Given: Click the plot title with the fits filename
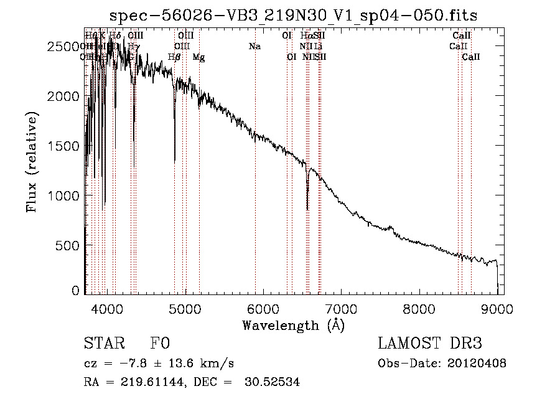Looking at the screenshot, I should (294, 16).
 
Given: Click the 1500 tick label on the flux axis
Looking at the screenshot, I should (65, 146).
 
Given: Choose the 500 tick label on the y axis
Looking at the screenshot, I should (69, 245).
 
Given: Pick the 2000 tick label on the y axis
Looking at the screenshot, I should (65, 96).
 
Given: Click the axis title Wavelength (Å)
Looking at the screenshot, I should (293, 325).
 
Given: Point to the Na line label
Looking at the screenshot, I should (254, 46).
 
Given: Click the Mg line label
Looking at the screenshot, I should (198, 57).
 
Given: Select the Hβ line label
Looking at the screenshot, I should (174, 57).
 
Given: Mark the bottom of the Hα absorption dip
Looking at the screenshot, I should (307, 209).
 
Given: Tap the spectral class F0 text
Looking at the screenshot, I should (160, 344).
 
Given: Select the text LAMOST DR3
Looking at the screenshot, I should (430, 344).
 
